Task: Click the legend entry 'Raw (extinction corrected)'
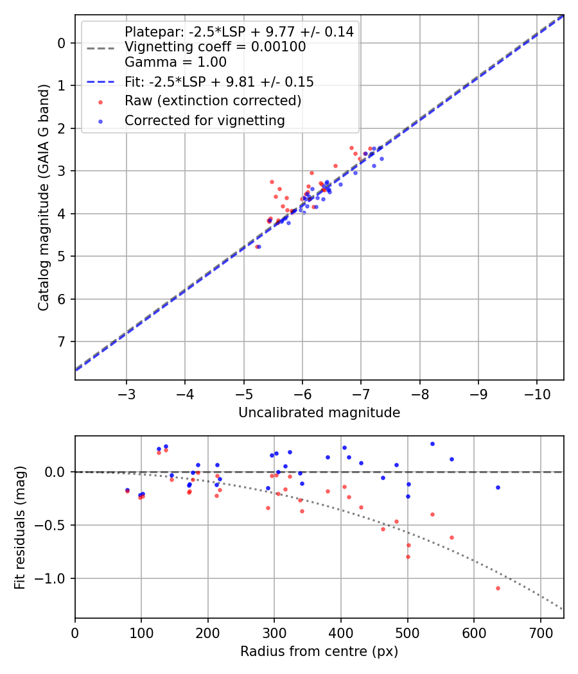(213, 101)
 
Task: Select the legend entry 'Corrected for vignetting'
(204, 120)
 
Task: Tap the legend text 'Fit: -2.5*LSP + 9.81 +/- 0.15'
(219, 82)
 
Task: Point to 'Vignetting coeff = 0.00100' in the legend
(215, 47)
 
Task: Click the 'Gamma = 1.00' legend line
(175, 62)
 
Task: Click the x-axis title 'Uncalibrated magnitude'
(319, 413)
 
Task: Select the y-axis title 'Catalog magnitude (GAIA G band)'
(44, 197)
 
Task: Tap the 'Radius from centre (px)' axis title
(319, 652)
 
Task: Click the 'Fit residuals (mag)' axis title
(20, 527)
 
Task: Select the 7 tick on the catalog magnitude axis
(62, 341)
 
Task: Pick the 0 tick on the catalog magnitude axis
(62, 43)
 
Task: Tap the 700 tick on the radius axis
(540, 633)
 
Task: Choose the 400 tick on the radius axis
(341, 633)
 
